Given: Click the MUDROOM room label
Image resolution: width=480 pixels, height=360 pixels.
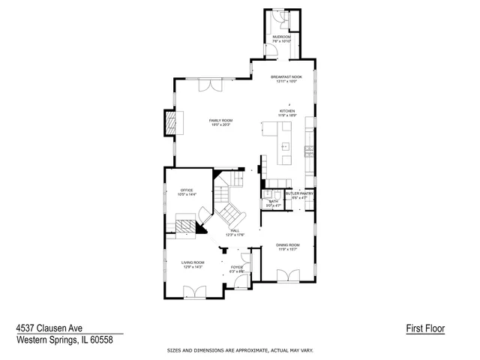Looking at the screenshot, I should pos(281,37).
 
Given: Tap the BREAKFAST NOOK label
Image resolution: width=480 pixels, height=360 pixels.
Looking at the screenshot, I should pos(286,77).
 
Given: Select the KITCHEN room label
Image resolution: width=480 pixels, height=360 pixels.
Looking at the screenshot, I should pos(287,111).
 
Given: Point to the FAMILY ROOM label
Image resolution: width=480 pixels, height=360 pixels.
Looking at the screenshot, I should pos(220,120).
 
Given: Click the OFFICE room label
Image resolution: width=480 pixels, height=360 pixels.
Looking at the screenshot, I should pos(187,190).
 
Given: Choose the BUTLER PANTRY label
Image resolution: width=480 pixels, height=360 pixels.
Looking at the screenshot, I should pos(300,193).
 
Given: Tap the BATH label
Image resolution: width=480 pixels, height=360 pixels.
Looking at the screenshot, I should pos(272,202).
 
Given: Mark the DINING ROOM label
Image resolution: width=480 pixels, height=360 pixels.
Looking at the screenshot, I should pos(289,245).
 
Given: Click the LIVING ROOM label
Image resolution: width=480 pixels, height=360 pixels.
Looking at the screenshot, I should pos(193,262).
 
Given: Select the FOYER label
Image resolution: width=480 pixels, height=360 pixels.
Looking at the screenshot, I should pos(236,267).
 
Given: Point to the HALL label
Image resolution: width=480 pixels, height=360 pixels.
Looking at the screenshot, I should pos(235,230).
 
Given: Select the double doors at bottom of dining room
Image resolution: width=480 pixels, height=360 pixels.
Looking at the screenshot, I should pos(288,277).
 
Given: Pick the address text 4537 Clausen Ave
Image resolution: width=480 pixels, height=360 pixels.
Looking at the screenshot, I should pos(49,328).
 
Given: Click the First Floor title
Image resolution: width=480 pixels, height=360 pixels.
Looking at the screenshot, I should pos(425,328).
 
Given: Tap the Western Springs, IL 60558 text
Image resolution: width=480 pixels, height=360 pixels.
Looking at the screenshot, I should pos(64,340).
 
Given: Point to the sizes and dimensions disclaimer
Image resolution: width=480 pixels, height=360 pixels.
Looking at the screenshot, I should pos(240,351).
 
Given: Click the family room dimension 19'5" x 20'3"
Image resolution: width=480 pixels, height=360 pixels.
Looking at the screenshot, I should pos(220,124).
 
